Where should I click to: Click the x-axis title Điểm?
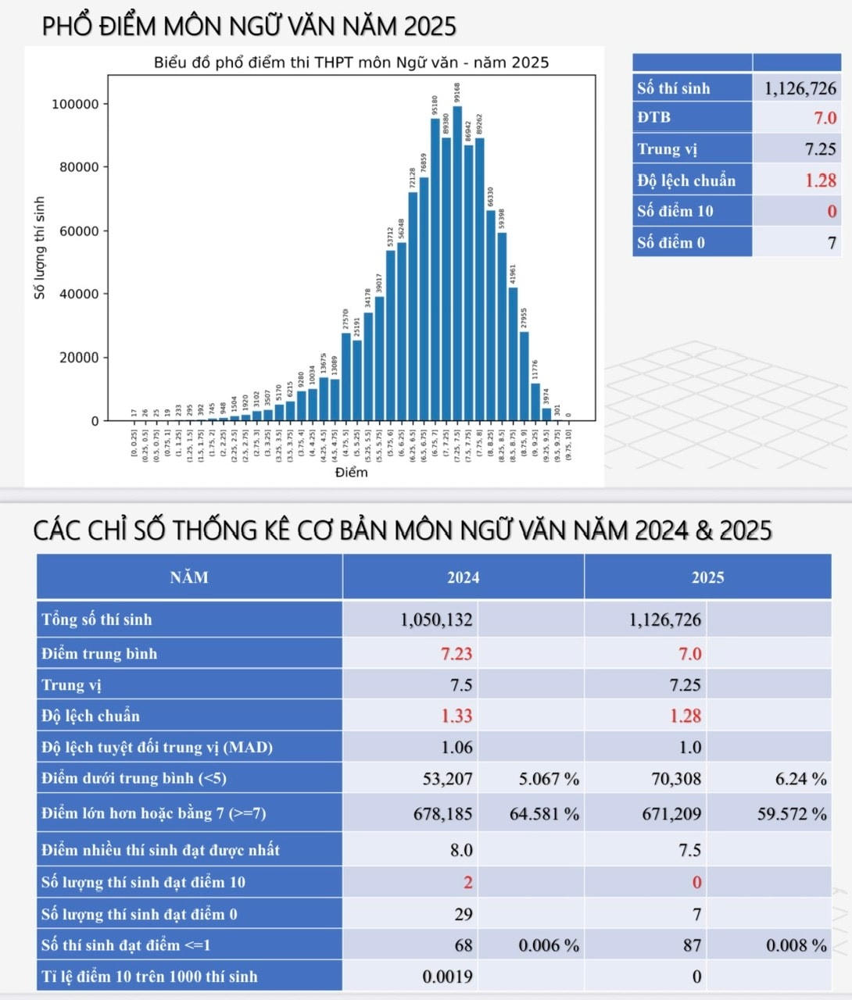[351, 473]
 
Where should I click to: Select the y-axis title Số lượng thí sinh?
[40, 248]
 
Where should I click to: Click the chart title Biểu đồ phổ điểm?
[351, 62]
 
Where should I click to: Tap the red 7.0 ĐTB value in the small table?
[825, 118]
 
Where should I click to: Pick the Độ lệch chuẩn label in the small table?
[686, 180]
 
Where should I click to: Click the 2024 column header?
[463, 577]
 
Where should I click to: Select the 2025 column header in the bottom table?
[707, 577]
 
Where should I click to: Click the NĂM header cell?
[189, 577]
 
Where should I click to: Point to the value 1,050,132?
[436, 620]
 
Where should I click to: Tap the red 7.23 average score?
[456, 654]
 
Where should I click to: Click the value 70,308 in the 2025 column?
[676, 779]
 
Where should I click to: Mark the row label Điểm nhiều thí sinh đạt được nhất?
[160, 850]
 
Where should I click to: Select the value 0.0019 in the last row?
[447, 977]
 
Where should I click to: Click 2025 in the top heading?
[430, 27]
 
